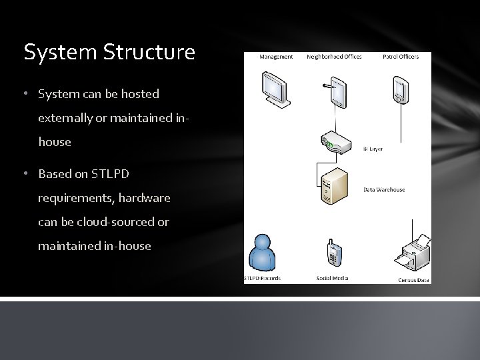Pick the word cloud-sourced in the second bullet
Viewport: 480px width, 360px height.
click(x=113, y=222)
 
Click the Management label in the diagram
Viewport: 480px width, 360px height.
click(x=275, y=57)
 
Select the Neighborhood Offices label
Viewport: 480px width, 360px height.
click(x=334, y=57)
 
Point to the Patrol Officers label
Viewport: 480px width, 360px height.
click(x=400, y=57)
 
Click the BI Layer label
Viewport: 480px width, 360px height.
click(x=373, y=149)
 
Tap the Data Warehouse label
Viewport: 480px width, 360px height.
click(x=384, y=190)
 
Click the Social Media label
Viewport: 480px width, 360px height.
click(x=333, y=278)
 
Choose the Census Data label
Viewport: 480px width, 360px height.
click(x=413, y=280)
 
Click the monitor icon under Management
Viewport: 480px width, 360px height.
click(x=275, y=88)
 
